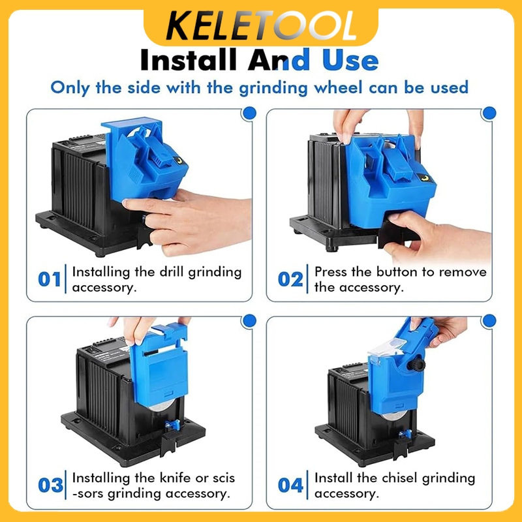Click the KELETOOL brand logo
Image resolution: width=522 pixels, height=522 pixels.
(262, 26)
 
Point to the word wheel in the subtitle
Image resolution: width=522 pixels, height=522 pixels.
(338, 87)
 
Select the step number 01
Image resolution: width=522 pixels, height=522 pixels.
(50, 279)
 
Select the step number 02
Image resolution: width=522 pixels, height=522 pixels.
(290, 279)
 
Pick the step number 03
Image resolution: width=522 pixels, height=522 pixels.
(51, 485)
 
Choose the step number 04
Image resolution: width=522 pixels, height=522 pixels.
(290, 485)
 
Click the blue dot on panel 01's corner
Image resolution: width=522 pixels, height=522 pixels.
(250, 113)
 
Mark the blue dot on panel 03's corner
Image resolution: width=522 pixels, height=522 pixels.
(250, 321)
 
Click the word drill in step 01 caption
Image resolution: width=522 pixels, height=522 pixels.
(172, 271)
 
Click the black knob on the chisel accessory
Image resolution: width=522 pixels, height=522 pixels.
(416, 365)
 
